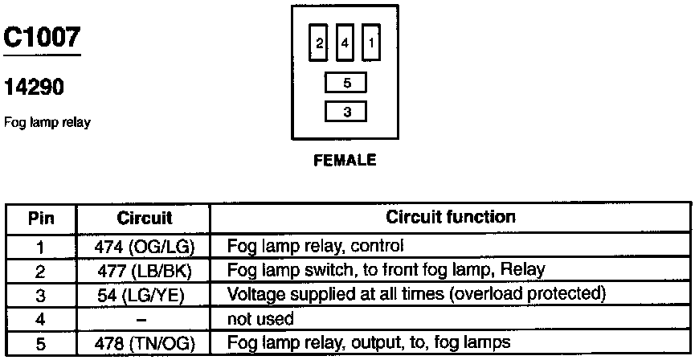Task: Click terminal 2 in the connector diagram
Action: click(319, 43)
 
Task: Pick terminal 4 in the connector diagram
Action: click(345, 43)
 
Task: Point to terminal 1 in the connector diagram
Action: click(370, 43)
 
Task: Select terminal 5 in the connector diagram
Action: click(345, 82)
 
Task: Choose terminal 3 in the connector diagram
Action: click(345, 112)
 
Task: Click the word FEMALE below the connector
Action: click(345, 160)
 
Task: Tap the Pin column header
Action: click(41, 218)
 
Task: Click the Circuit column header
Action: click(145, 218)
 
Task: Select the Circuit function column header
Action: click(451, 218)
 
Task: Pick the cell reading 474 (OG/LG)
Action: click(145, 245)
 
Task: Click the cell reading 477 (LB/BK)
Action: click(145, 269)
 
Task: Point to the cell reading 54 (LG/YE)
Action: click(145, 294)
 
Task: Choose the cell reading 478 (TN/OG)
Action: click(145, 343)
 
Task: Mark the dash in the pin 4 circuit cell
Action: click(145, 318)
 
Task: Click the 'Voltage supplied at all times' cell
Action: click(415, 294)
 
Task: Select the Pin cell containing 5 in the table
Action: click(41, 343)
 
